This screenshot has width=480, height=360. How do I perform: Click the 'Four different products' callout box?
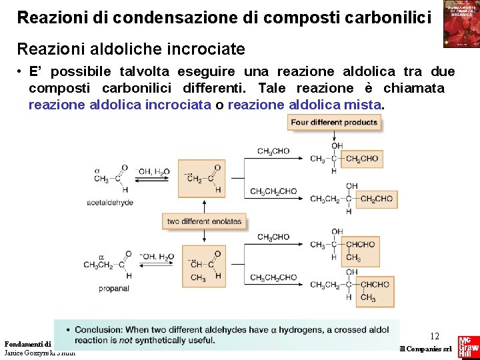[334, 122]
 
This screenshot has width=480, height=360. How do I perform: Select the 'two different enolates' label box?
[205, 221]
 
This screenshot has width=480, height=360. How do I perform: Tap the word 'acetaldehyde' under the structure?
[110, 202]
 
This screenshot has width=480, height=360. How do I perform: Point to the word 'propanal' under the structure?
[114, 288]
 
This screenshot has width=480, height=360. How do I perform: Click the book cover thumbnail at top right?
[461, 24]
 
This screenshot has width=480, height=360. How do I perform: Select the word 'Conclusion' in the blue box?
[99, 329]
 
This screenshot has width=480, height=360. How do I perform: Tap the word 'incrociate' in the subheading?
[208, 49]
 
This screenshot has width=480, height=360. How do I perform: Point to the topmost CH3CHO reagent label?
[273, 151]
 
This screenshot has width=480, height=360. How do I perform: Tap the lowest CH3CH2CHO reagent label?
[273, 278]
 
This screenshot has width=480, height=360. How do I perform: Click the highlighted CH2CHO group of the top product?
[362, 159]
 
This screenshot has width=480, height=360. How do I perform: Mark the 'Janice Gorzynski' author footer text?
[37, 353]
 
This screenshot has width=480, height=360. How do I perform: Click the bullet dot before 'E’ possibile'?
[21, 72]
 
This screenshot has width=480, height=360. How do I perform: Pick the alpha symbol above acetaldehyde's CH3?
[97, 169]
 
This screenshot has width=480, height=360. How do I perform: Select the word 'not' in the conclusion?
[124, 341]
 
